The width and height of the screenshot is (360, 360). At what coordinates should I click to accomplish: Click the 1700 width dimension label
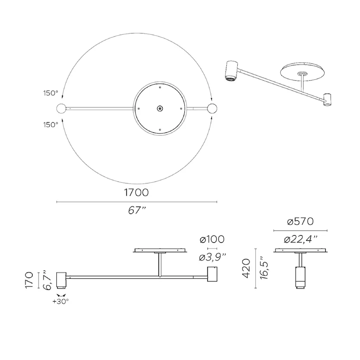(x=136, y=192)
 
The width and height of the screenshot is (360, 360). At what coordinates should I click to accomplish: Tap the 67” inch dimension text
(x=137, y=210)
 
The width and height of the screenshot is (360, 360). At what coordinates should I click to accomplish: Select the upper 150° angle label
(x=51, y=93)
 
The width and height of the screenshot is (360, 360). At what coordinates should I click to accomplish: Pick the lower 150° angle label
(x=51, y=125)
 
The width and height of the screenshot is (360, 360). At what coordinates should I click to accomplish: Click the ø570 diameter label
(x=300, y=221)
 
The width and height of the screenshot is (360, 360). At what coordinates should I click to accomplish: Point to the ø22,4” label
(x=301, y=239)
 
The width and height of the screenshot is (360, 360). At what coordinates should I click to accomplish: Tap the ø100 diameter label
(x=212, y=239)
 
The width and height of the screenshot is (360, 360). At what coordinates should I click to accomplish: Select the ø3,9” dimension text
(x=213, y=257)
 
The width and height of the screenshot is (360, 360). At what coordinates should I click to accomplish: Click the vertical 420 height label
(x=246, y=268)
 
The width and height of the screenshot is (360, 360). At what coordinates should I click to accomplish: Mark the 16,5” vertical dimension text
(x=264, y=268)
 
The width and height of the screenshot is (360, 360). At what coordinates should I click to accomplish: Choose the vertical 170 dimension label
(x=29, y=280)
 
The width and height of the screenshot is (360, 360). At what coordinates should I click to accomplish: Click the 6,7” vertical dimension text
(x=47, y=280)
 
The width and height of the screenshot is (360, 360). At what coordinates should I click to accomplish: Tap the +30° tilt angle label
(x=60, y=301)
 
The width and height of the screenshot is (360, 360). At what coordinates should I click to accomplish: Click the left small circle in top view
(x=61, y=109)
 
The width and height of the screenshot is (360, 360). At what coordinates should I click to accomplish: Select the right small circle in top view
(x=212, y=109)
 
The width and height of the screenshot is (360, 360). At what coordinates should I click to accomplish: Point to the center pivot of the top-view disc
(x=160, y=109)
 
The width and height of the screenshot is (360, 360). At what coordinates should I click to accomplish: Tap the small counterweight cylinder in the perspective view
(x=327, y=99)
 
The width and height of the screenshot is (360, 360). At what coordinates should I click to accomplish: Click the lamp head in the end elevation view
(x=300, y=277)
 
